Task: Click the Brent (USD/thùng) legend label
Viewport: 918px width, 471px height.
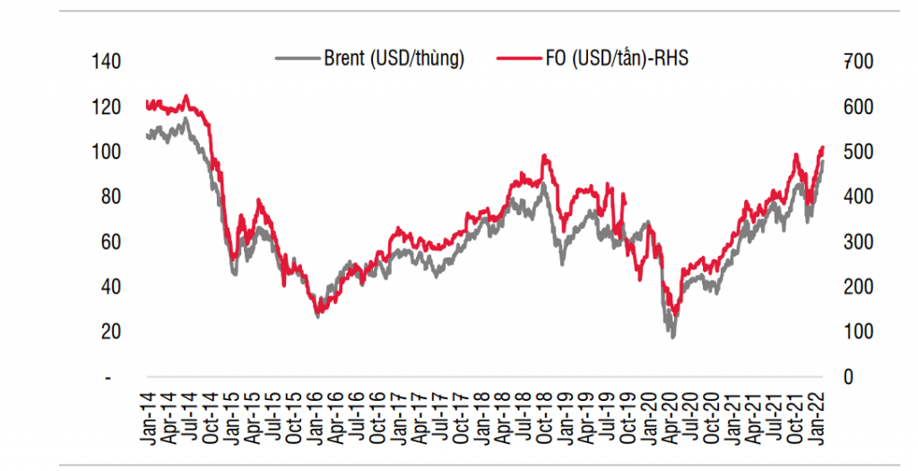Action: tap(394, 59)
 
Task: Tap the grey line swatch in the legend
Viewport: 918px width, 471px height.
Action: tap(297, 59)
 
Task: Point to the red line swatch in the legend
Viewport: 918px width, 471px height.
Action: tap(516, 59)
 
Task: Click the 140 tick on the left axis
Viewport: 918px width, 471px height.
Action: tap(106, 62)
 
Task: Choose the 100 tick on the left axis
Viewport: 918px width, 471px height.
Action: tap(106, 152)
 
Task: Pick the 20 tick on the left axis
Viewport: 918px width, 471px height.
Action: tap(110, 332)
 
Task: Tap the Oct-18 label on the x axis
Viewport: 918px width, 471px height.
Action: tap(543, 416)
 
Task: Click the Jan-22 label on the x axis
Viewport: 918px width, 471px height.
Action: tap(818, 416)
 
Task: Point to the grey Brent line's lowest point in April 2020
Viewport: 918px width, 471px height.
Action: tap(672, 336)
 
